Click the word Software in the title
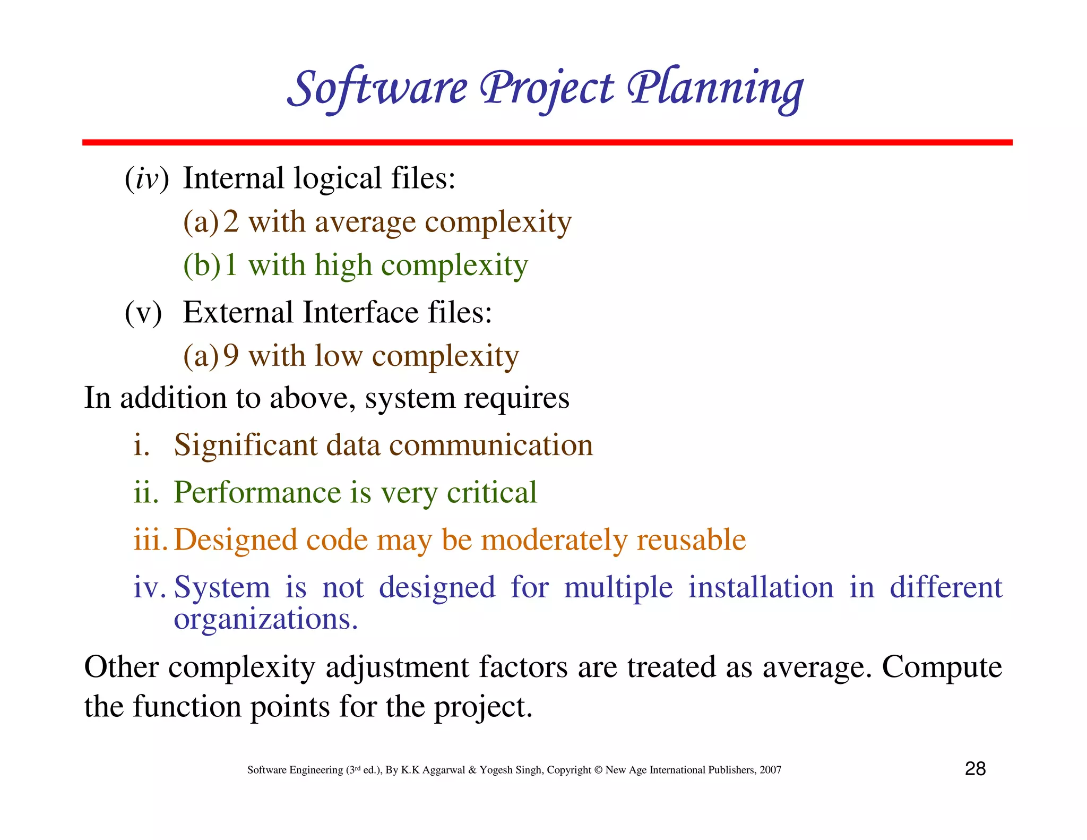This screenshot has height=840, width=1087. (x=378, y=89)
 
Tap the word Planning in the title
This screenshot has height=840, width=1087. (x=715, y=89)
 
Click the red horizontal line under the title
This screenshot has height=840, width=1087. (x=547, y=142)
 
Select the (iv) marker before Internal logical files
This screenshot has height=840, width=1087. (x=146, y=178)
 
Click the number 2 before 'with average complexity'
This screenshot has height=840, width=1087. (x=231, y=222)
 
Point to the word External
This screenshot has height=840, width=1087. (x=238, y=312)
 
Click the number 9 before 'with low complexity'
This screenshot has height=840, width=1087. (x=231, y=356)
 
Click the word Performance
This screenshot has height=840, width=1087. (x=257, y=493)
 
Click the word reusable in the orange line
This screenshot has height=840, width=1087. (x=691, y=540)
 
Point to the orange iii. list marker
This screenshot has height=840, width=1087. (x=150, y=540)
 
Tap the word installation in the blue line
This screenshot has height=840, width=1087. (x=761, y=588)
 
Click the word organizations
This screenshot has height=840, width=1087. (x=265, y=620)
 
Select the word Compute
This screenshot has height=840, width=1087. (x=942, y=667)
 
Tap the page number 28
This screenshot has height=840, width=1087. (x=975, y=769)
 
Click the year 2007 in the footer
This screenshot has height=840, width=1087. (x=770, y=770)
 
